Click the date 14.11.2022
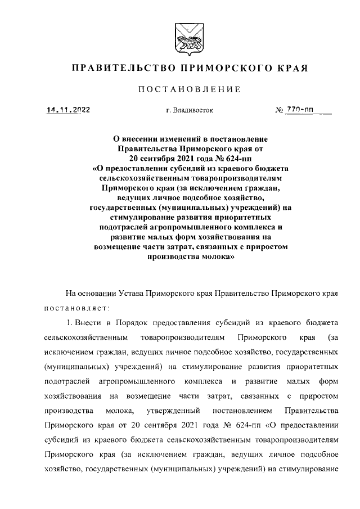pos(68,110)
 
